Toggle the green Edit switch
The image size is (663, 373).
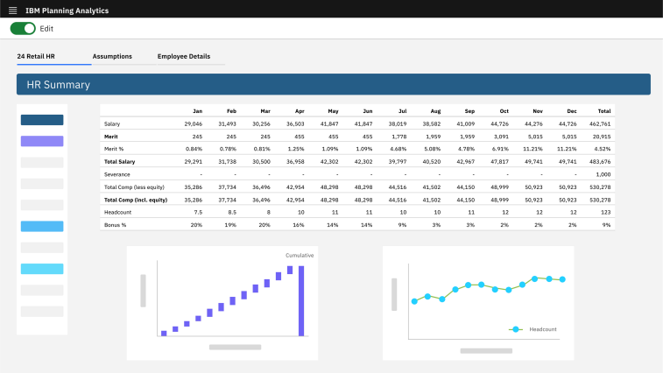tap(24, 29)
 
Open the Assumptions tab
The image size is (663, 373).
tap(112, 56)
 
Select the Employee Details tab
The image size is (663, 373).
tap(184, 56)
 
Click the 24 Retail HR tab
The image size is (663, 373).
tap(36, 56)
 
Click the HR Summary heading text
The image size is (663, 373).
tap(59, 85)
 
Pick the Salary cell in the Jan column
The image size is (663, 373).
tap(193, 124)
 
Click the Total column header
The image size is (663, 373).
tap(603, 111)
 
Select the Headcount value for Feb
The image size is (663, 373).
tap(231, 212)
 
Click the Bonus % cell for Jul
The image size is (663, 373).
tap(401, 225)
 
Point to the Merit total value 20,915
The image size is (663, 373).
tap(600, 137)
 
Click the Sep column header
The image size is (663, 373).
tap(469, 111)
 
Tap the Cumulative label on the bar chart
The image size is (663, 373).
tap(300, 255)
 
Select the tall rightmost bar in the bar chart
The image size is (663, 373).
tap(301, 300)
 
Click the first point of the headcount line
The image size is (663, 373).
tap(415, 301)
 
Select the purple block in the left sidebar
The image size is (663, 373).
tap(42, 141)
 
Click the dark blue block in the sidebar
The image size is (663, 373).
tap(42, 120)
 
